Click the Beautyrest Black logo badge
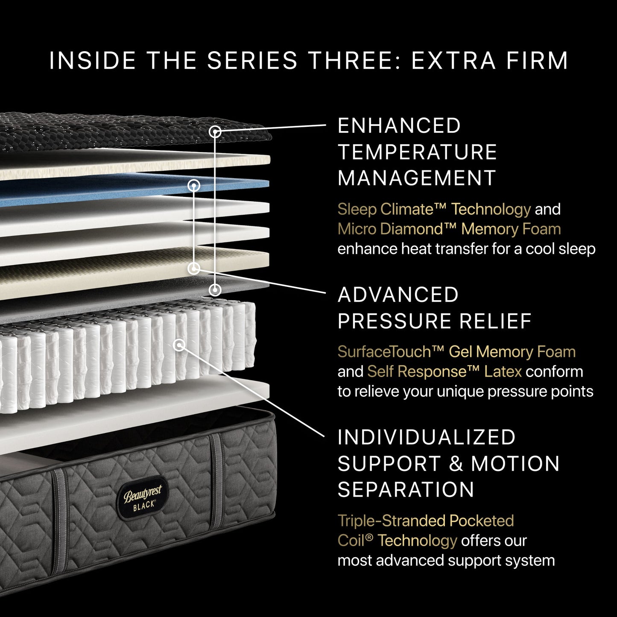(143, 497)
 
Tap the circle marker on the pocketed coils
(180, 345)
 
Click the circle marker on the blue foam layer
(194, 185)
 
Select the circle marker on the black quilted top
(216, 132)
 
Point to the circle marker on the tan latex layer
(194, 268)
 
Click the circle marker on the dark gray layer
(216, 290)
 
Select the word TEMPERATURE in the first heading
(417, 152)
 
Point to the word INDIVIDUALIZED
(427, 437)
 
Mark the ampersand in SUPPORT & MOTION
(456, 464)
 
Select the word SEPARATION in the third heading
(406, 490)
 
